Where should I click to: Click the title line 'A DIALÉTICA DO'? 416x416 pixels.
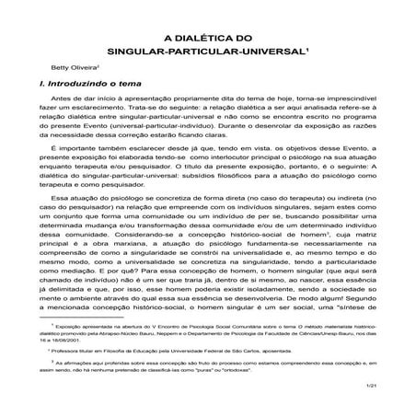tap(208, 39)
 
